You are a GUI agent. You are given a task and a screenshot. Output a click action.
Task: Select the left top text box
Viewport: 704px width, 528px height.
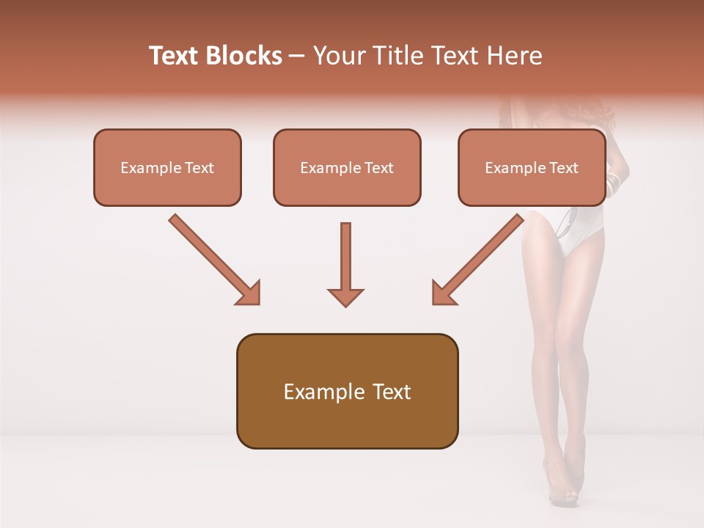[x=167, y=167]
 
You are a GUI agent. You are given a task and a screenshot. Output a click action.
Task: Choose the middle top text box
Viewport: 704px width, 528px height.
[x=347, y=167]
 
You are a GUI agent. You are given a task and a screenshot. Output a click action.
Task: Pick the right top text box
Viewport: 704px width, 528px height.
[x=532, y=167]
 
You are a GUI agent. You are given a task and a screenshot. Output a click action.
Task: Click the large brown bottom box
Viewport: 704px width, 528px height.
[x=347, y=391]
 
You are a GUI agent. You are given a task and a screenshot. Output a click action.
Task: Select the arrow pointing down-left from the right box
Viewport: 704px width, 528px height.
[x=478, y=259]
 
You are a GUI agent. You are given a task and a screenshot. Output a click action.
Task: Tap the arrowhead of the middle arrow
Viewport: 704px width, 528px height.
[x=345, y=296]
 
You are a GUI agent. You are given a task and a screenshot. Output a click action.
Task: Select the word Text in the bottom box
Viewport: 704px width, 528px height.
[x=392, y=392]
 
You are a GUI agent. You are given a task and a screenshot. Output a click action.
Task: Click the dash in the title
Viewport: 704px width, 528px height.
[x=298, y=56]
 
